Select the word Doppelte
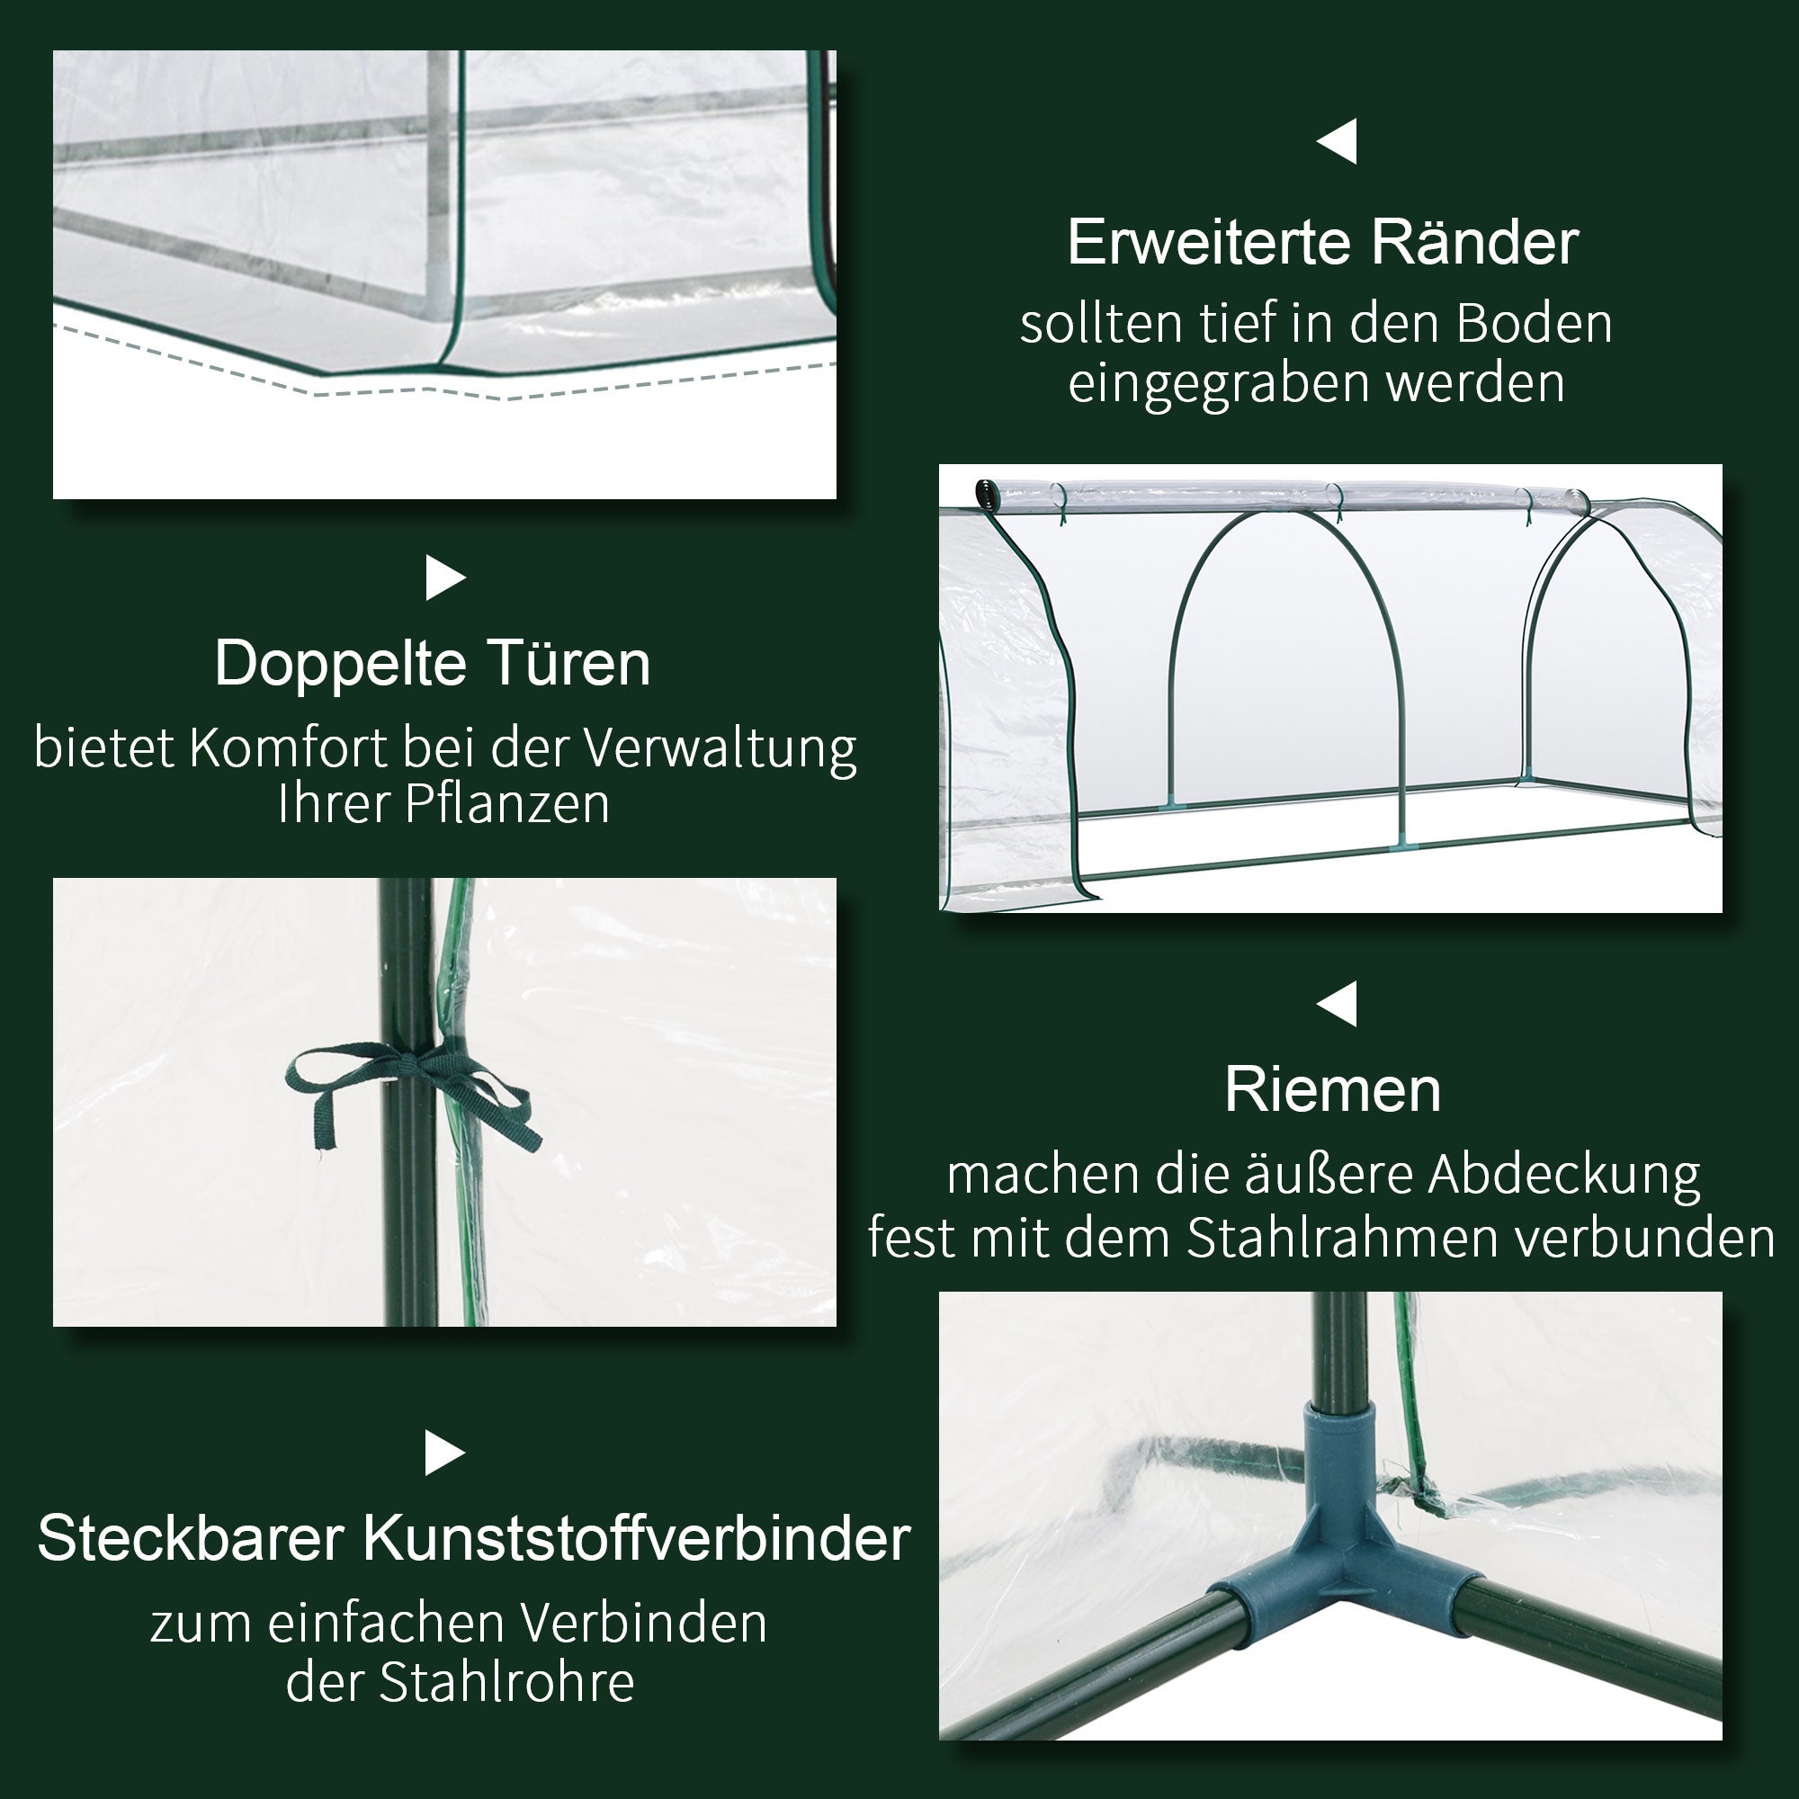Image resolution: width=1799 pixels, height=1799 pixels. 340,665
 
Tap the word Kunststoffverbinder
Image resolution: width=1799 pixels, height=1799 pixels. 636,1539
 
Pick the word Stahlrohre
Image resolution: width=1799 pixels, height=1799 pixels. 506,1683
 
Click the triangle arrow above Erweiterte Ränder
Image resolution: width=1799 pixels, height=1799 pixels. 1338,141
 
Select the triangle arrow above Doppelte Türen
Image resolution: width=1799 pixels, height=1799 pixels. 444,578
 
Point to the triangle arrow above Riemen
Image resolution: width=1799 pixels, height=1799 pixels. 1338,1004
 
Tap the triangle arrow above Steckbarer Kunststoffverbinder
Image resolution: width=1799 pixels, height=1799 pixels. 444,1453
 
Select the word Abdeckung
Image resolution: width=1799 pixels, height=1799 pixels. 1564,1176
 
